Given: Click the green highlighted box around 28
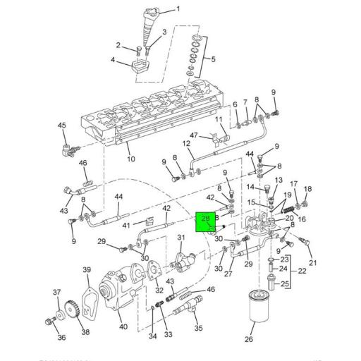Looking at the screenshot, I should pos(206,221).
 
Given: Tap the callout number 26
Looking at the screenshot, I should pos(248,338).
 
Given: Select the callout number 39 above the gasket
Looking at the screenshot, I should pos(87,270).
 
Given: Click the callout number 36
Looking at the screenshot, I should pos(61,338).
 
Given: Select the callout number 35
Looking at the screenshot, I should pos(197,328).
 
